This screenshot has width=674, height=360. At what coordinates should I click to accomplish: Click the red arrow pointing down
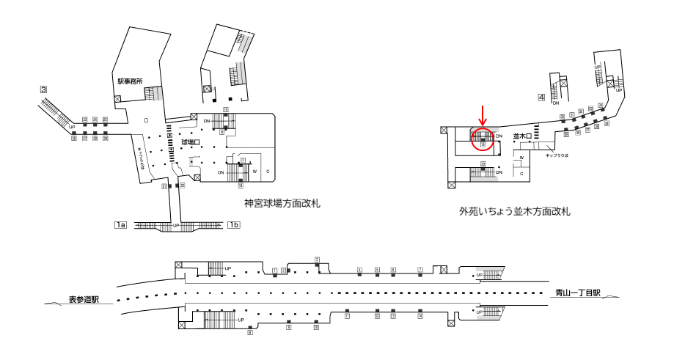click(483, 115)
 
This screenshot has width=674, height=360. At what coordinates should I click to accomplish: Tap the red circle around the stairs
click(483, 138)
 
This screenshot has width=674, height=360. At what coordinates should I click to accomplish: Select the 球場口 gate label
click(191, 142)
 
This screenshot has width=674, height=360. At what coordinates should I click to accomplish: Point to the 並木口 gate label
click(521, 136)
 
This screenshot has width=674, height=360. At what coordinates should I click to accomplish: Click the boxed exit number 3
click(44, 90)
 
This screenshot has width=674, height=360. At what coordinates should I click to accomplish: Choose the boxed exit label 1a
click(121, 224)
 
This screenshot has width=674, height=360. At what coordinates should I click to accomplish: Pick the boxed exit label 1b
click(235, 224)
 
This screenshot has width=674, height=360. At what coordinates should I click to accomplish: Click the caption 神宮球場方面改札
click(282, 202)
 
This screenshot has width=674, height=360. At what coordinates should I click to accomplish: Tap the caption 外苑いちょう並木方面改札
click(515, 212)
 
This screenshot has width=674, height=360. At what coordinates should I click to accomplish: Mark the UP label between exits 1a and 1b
click(176, 225)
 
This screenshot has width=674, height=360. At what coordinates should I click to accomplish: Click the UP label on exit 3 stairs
click(72, 128)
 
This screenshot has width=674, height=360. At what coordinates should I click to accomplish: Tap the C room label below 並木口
click(521, 174)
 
